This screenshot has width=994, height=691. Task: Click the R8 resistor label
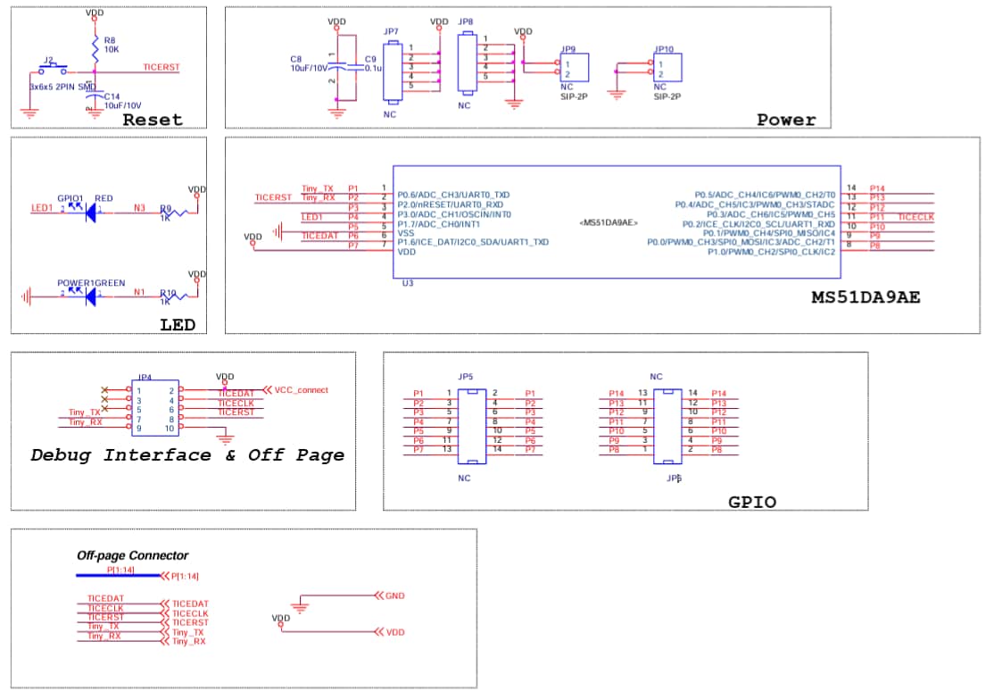pos(109,40)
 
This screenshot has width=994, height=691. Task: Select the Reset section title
pos(152,120)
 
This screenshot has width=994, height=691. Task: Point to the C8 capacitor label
pos(296,59)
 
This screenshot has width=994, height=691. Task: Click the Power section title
pos(785,120)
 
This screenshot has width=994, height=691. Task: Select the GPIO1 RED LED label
pos(85,198)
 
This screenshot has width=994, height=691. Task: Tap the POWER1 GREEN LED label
pos(91,283)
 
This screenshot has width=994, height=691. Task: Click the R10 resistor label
pos(167,292)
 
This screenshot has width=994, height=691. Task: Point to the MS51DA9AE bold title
pos(865,297)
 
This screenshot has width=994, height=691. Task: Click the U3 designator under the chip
pos(409,282)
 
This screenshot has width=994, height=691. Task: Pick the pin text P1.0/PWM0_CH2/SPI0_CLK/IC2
pos(771,252)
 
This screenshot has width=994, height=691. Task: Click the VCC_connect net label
pos(301,390)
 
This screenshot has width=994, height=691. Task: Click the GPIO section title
pos(751,503)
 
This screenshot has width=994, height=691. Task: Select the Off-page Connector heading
pos(132,555)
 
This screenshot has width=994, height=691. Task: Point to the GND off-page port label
pos(394,595)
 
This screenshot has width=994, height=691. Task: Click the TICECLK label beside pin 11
pos(915,217)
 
